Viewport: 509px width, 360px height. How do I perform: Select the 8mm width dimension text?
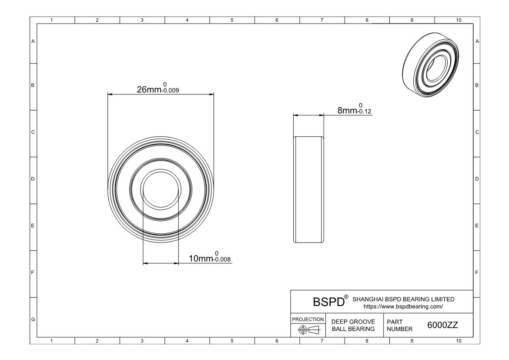point(347,111)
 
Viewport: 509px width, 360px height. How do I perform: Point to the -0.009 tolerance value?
point(171,91)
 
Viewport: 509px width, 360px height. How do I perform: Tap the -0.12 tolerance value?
point(364,111)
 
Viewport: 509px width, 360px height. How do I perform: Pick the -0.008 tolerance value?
point(222,259)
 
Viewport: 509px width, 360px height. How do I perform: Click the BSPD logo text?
point(328,302)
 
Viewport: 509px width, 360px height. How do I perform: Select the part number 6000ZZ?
point(442,325)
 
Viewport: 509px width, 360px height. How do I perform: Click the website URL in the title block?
point(403,306)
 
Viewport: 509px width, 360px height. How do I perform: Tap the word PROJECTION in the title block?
point(308,320)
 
